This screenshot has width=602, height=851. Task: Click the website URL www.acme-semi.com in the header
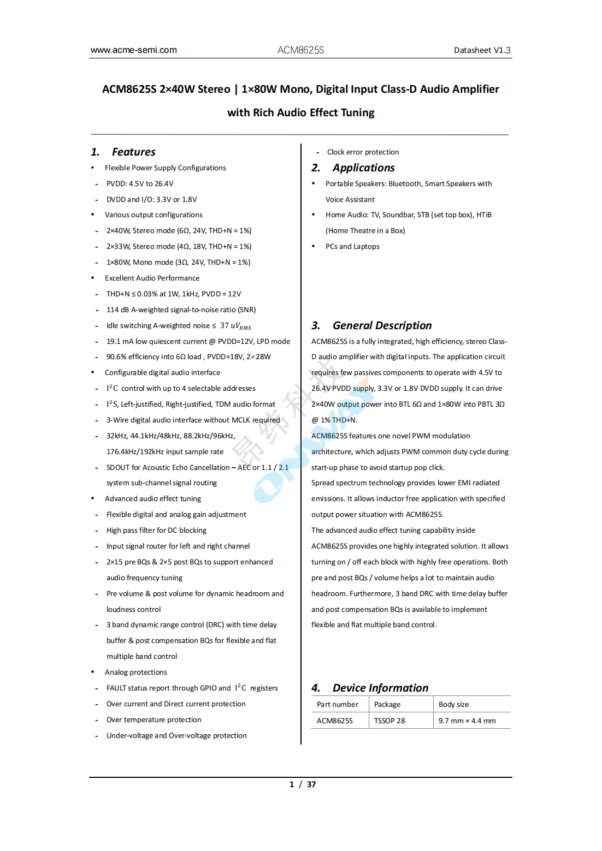134,50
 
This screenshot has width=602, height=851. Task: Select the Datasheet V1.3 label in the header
482,50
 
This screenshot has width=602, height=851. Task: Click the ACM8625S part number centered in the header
300,50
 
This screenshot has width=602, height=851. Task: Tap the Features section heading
133,152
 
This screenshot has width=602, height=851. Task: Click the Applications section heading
363,168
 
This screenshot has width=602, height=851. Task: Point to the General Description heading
382,325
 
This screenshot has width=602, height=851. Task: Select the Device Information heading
380,688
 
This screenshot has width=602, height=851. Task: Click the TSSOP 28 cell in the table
389,721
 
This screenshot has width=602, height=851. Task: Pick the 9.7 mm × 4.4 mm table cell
467,721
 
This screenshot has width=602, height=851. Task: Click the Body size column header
453,704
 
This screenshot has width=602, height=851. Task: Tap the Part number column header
338,704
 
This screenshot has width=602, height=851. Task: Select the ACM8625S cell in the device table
335,721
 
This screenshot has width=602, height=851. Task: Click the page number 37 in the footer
311,784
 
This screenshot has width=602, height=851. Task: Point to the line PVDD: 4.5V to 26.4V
140,183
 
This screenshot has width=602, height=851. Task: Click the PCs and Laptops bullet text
352,246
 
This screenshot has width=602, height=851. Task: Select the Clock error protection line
363,152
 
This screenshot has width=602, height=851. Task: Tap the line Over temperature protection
154,719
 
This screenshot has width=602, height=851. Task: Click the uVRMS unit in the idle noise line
241,326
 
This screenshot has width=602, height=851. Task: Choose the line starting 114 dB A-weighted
181,310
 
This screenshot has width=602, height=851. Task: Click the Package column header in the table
387,704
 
